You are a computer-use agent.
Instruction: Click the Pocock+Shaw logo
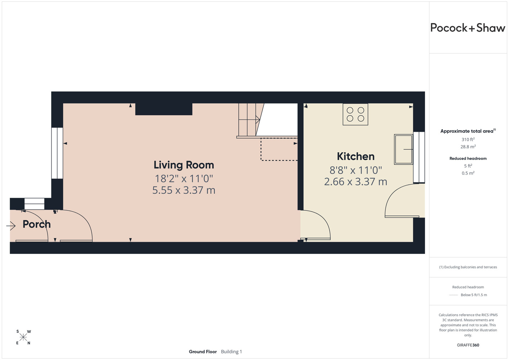pyautogui.click(x=468, y=28)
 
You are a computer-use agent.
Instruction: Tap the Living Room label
pyautogui.click(x=184, y=165)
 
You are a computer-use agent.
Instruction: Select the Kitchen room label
pyautogui.click(x=356, y=157)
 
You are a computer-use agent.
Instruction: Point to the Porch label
pyautogui.click(x=37, y=224)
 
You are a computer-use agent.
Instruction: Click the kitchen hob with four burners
pyautogui.click(x=356, y=114)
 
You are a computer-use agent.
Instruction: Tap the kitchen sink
pyautogui.click(x=403, y=149)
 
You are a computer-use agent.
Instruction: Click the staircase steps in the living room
pyautogui.click(x=249, y=120)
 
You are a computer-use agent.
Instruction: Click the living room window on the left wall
pyautogui.click(x=57, y=153)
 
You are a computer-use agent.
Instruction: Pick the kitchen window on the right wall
pyautogui.click(x=419, y=157)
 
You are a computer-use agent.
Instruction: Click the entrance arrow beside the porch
pyautogui.click(x=11, y=226)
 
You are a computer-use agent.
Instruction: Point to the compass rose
pyautogui.click(x=23, y=337)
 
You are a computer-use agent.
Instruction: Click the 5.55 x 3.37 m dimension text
pyautogui.click(x=184, y=190)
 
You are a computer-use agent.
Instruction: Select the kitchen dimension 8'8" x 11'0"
pyautogui.click(x=356, y=170)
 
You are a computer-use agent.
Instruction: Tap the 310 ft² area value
pyautogui.click(x=468, y=139)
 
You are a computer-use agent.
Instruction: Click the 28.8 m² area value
pyautogui.click(x=468, y=147)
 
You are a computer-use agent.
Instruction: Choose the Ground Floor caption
pyautogui.click(x=203, y=352)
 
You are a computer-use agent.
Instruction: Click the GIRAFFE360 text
pyautogui.click(x=468, y=345)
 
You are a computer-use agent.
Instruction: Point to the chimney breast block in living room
pyautogui.click(x=164, y=109)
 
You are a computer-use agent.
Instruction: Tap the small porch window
pyautogui.click(x=34, y=204)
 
